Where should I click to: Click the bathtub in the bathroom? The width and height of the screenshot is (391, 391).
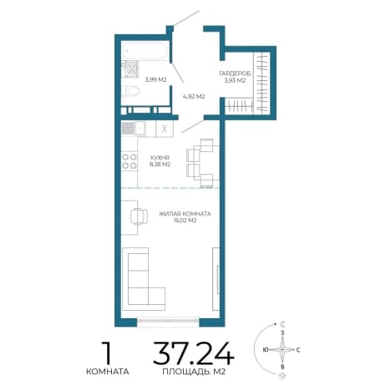click(x=145, y=51)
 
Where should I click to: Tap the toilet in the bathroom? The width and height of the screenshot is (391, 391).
click(x=131, y=91)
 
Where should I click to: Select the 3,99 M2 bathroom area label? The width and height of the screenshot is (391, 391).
click(x=155, y=79)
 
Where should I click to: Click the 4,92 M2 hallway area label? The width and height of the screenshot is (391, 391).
click(x=194, y=97)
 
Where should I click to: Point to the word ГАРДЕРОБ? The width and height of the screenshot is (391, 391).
click(x=235, y=74)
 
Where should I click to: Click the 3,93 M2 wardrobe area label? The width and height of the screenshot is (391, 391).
click(x=235, y=80)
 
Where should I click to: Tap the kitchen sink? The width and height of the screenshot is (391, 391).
click(x=134, y=129)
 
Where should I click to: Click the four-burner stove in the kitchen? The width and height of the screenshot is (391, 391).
click(x=129, y=161)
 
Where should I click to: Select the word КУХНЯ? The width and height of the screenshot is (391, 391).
click(x=160, y=158)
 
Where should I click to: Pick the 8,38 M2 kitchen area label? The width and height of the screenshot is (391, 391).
click(x=160, y=165)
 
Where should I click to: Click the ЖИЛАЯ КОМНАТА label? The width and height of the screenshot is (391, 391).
click(x=185, y=214)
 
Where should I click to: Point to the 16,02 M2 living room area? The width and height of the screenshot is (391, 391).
click(x=185, y=221)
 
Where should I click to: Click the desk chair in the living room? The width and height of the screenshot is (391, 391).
click(x=139, y=216)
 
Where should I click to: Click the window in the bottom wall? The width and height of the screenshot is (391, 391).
click(x=168, y=321)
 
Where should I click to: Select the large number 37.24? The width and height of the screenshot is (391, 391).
click(x=193, y=353)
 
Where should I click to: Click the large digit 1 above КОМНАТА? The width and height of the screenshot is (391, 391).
click(x=107, y=353)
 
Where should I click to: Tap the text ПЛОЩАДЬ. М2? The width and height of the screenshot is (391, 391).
click(x=194, y=372)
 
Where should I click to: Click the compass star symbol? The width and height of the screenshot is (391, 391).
click(x=282, y=349)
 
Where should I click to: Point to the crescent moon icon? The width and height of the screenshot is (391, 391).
click(x=283, y=324)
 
